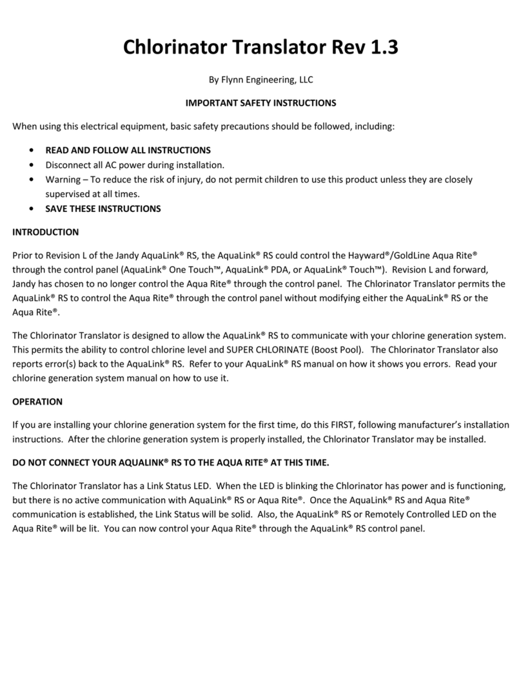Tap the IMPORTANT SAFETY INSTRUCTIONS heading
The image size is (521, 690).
pos(260,102)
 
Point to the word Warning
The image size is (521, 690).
pos(63,179)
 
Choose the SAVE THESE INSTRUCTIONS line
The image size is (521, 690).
pos(103,209)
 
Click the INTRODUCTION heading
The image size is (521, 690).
pos(46,232)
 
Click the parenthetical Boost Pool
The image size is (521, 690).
pos(331,350)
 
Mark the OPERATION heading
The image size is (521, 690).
pos(37,401)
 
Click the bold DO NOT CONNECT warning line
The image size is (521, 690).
pos(171,463)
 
